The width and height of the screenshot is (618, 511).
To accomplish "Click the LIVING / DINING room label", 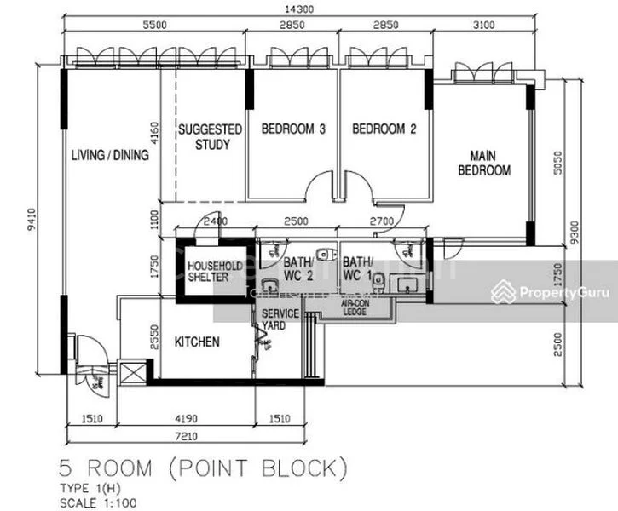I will coord(110,155).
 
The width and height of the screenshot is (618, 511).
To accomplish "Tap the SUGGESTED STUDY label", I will coord(210,137).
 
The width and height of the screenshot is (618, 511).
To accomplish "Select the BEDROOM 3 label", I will coord(293,129).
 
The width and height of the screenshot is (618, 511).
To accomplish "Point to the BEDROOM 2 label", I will coord(384,129).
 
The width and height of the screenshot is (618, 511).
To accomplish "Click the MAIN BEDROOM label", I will coord(484,164).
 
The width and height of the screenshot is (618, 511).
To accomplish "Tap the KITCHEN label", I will coord(197,342).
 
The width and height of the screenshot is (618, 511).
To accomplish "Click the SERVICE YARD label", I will coord(280,319).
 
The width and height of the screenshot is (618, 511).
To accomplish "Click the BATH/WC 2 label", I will coord(300,269).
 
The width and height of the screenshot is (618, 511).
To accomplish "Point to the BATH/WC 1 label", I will coord(359,269).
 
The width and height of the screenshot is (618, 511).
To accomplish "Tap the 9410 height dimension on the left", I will coord(32,223).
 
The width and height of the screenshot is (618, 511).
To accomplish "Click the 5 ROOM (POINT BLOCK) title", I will coord(204,468).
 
